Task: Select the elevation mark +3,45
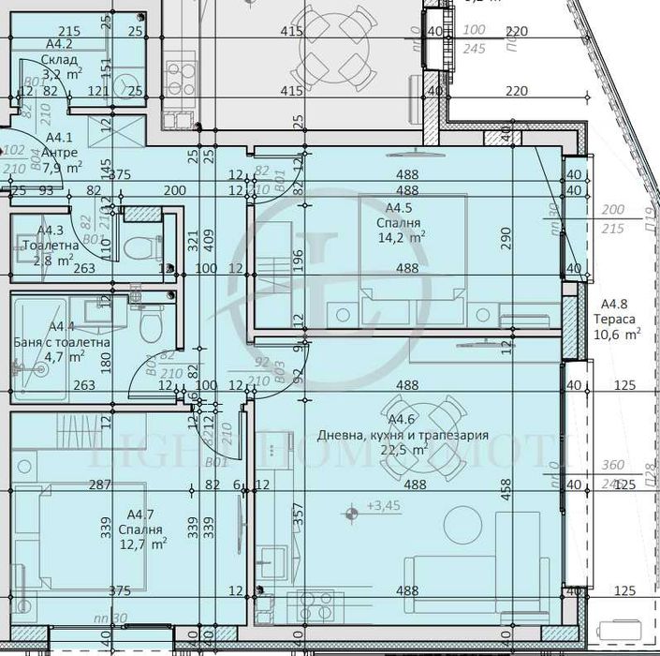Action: tap(384, 506)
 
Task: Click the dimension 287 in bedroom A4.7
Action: tap(99, 485)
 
